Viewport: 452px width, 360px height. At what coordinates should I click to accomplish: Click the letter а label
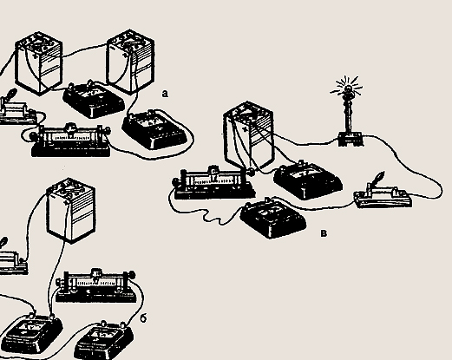pyautogui.click(x=165, y=94)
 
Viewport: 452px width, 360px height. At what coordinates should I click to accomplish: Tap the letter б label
pyautogui.click(x=143, y=318)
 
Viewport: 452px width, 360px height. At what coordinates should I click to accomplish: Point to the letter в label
pyautogui.click(x=324, y=233)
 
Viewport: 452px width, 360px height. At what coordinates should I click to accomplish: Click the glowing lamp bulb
pyautogui.click(x=348, y=88)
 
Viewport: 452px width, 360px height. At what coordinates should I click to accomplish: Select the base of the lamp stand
pyautogui.click(x=350, y=139)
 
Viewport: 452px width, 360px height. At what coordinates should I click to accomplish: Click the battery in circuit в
pyautogui.click(x=248, y=136)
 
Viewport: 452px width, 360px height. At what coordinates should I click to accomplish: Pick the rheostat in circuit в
pyautogui.click(x=214, y=182)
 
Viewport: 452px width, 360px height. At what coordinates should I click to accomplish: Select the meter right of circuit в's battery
pyautogui.click(x=308, y=180)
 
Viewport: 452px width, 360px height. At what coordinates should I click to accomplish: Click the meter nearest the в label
pyautogui.click(x=273, y=218)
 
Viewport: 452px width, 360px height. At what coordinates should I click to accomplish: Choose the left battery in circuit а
pyautogui.click(x=38, y=63)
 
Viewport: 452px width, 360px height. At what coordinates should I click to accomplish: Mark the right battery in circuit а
pyautogui.click(x=130, y=62)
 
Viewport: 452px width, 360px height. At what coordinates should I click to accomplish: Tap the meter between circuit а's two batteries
pyautogui.click(x=94, y=99)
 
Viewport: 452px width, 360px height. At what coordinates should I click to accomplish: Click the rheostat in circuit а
pyautogui.click(x=70, y=141)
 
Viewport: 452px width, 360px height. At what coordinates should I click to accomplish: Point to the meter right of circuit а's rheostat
pyautogui.click(x=154, y=129)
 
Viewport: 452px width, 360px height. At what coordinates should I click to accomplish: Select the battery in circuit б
pyautogui.click(x=71, y=210)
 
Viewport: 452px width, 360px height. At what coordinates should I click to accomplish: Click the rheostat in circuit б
pyautogui.click(x=96, y=286)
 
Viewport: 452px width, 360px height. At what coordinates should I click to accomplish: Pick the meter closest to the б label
pyautogui.click(x=104, y=340)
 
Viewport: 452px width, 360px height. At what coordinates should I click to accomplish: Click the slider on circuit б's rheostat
pyautogui.click(x=96, y=273)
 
